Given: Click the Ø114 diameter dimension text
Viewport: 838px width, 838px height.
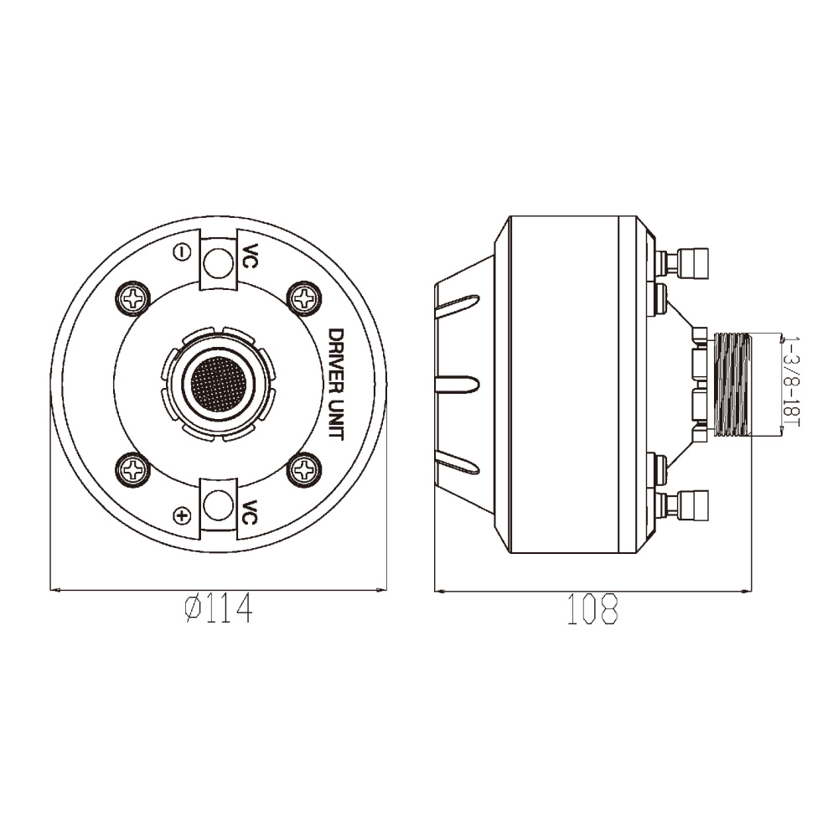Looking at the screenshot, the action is pyautogui.click(x=218, y=608).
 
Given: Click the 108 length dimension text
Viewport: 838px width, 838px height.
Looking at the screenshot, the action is pyautogui.click(x=592, y=608).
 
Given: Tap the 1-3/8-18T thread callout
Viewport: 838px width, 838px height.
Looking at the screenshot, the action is pyautogui.click(x=792, y=381).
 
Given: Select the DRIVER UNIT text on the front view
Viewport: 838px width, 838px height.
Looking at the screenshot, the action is pyautogui.click(x=336, y=384).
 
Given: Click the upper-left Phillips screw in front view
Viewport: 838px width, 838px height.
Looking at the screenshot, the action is pyautogui.click(x=133, y=297).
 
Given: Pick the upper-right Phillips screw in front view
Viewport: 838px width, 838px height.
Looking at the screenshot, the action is pyautogui.click(x=305, y=297).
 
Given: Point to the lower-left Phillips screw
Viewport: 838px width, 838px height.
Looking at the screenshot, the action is pyautogui.click(x=133, y=470).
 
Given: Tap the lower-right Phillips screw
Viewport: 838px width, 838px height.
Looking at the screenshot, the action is pyautogui.click(x=305, y=470).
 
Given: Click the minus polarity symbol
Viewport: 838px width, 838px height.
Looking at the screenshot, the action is pyautogui.click(x=183, y=251).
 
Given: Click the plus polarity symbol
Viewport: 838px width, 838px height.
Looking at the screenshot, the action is pyautogui.click(x=183, y=515).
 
